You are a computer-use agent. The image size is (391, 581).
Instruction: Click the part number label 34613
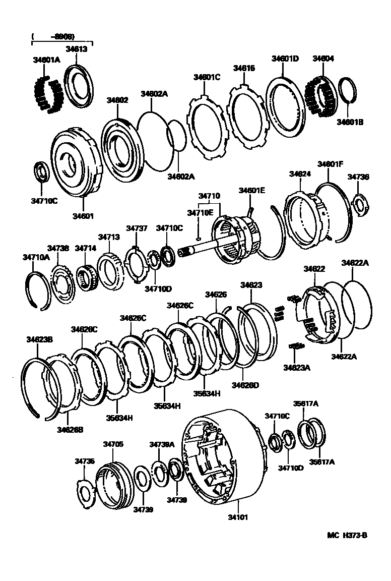pyautogui.click(x=76, y=49)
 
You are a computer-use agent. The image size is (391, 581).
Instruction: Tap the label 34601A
pyautogui.click(x=46, y=60)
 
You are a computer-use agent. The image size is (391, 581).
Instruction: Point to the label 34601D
pyautogui.click(x=285, y=59)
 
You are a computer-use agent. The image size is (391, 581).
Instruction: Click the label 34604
pyautogui.click(x=323, y=59)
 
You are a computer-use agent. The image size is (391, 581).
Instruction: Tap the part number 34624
pyautogui.click(x=300, y=173)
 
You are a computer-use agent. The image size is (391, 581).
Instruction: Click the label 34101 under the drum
pyautogui.click(x=238, y=517)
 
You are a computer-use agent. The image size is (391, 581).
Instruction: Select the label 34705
pyautogui.click(x=113, y=444)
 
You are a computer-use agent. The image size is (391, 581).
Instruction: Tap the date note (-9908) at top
pyautogui.click(x=52, y=37)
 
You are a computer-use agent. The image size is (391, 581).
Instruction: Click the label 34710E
pyautogui.click(x=201, y=213)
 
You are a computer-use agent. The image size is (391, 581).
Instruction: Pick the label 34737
pyautogui.click(x=137, y=228)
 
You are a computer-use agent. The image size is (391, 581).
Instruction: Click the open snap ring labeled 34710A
pyautogui.click(x=38, y=288)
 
